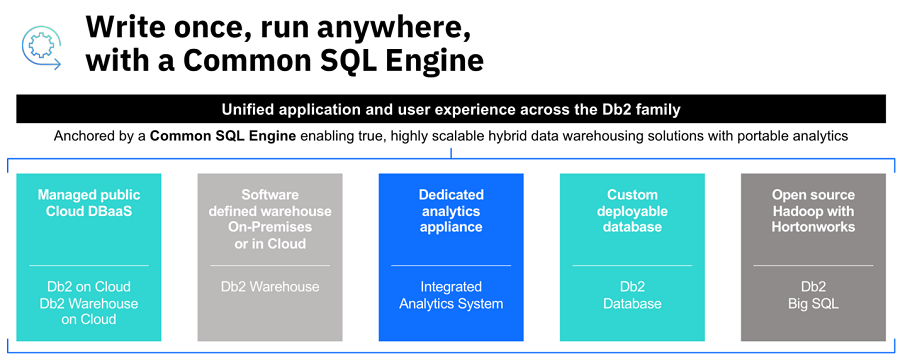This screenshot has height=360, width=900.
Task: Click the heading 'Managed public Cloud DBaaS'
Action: coord(89,203)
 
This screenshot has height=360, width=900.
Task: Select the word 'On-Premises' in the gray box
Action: coord(270,227)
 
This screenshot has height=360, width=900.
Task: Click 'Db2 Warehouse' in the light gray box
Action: coord(270,287)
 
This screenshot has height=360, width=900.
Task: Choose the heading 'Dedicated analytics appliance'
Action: coord(451,211)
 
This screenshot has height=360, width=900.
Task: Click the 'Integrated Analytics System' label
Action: coord(451,295)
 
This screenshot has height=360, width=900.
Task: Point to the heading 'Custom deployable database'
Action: coord(632,211)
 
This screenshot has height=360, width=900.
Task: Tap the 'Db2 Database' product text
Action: coord(632,295)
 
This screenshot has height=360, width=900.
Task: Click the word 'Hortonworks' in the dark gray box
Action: coord(813,227)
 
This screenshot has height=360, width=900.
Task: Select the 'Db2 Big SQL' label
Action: coord(813,295)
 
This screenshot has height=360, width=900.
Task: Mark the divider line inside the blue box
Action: coord(451,265)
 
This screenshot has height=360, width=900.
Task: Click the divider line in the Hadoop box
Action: coord(813,265)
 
